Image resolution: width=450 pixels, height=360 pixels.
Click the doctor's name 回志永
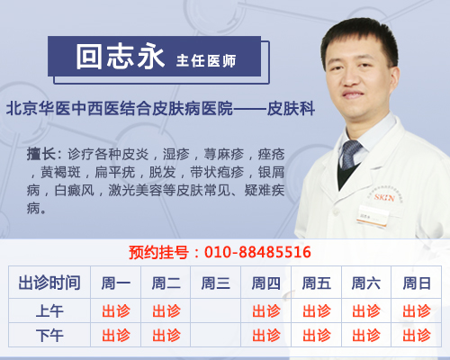tap(120, 57)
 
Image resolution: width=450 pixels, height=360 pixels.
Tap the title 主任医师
tap(206, 61)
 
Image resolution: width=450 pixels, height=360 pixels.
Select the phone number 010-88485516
tap(257, 252)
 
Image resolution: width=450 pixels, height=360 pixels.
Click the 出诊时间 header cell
tap(49, 283)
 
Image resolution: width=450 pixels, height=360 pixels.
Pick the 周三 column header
tap(215, 283)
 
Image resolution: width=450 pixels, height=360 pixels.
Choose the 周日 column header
tap(417, 283)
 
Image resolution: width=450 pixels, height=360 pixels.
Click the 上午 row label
tap(49, 311)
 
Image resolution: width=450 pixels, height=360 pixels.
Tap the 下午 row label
tap(49, 336)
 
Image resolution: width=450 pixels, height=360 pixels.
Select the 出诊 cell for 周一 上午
tap(116, 311)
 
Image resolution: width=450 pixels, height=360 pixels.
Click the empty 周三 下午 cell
tap(215, 335)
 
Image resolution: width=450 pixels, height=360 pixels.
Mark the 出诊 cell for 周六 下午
tap(366, 336)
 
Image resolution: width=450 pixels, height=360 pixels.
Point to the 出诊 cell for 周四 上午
tap(266, 311)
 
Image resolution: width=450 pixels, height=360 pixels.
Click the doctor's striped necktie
tap(350, 154)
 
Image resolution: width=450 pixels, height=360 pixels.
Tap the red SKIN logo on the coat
tap(384, 197)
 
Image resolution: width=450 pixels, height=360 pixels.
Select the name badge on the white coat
tap(373, 216)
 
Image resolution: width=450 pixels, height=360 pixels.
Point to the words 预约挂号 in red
tap(158, 252)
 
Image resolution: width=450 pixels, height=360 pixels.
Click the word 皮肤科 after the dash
tap(291, 108)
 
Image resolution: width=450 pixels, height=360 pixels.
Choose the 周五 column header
tap(317, 283)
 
